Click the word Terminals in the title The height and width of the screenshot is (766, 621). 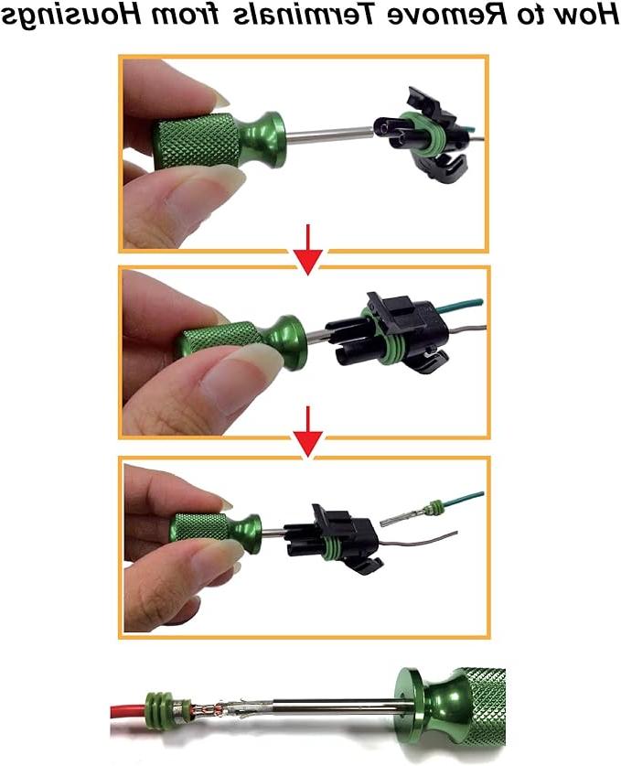coord(301,13)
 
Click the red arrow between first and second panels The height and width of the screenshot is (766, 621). coord(307,249)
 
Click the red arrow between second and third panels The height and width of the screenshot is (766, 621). coord(307,432)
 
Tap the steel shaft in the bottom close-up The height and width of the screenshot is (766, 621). coord(322,707)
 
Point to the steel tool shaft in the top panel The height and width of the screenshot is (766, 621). coord(328,134)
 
